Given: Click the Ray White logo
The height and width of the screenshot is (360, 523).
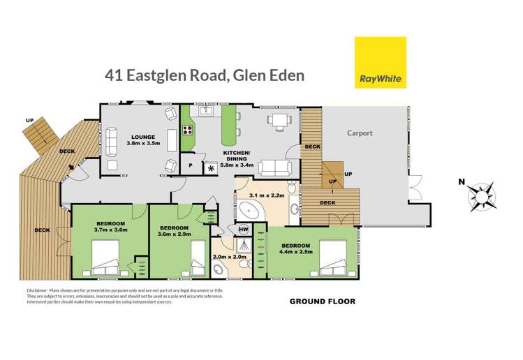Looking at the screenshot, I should click(380, 62).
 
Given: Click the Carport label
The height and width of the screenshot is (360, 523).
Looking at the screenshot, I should click(360, 133).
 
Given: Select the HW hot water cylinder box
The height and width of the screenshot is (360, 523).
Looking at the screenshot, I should click(244, 229).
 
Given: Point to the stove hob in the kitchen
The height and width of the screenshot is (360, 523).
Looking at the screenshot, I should click(187, 129).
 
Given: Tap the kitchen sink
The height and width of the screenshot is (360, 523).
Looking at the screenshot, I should click(205, 110).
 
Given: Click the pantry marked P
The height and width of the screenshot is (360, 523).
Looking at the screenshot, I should click(191, 165).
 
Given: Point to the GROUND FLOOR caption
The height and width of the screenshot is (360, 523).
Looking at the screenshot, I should click(323, 301).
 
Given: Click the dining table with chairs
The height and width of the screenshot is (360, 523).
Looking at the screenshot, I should click(279, 121).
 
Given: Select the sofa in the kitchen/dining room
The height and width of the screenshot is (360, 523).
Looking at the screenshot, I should click(276, 167).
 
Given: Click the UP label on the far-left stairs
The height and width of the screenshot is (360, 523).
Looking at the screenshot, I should click(29, 121).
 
